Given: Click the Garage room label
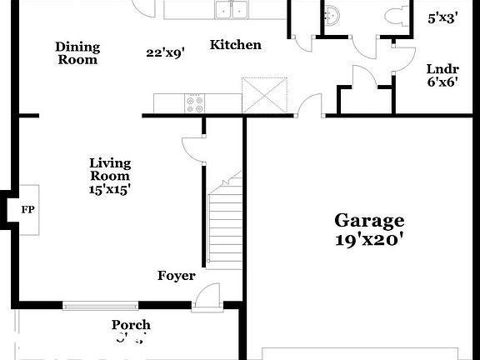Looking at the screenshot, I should click(x=369, y=221).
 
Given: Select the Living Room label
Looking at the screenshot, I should click(x=110, y=169).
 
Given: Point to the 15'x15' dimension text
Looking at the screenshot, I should click(x=110, y=189).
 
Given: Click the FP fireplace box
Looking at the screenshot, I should click(x=27, y=209).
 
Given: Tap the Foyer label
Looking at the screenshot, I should click(x=176, y=276).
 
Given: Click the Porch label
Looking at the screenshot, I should click(x=132, y=325).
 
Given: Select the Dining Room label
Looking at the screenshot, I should click(x=77, y=53).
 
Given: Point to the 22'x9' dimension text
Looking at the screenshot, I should click(x=165, y=52).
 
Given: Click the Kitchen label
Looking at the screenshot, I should click(x=235, y=45).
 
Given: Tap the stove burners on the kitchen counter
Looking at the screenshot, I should click(x=195, y=103).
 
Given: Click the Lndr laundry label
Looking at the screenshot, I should click(x=442, y=69).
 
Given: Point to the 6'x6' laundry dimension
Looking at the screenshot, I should click(x=442, y=82).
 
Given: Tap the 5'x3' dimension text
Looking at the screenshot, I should click(x=442, y=17).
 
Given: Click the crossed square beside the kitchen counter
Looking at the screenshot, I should click(x=265, y=93).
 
